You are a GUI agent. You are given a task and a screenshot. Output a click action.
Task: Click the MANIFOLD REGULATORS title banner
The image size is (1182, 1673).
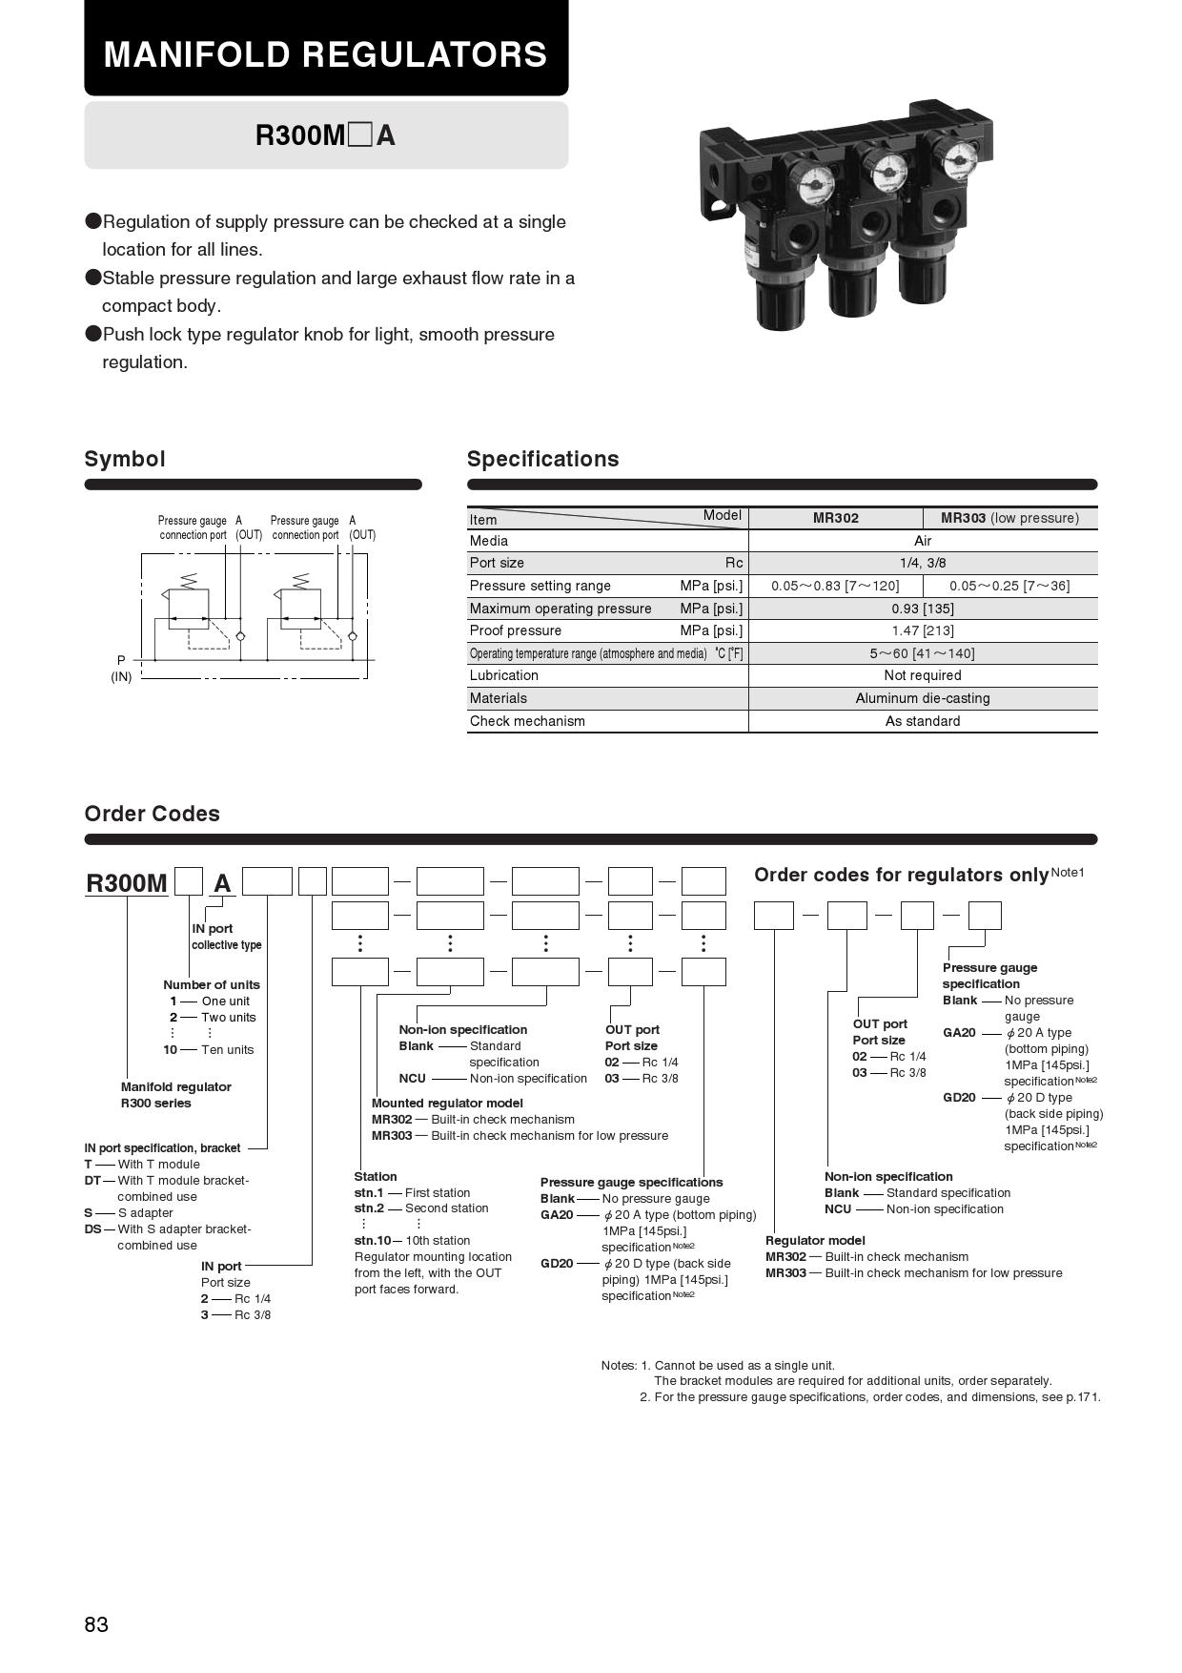325,53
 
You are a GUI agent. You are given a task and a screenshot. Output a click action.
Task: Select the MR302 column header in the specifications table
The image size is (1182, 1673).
835,518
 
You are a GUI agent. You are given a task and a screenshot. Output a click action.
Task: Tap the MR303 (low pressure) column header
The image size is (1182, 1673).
1009,518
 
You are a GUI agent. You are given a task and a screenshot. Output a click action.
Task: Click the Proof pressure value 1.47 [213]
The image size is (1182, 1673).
922,630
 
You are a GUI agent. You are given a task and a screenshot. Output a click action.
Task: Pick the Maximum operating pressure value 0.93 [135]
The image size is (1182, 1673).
922,609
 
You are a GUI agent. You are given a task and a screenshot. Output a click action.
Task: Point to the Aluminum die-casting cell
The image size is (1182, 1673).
922,698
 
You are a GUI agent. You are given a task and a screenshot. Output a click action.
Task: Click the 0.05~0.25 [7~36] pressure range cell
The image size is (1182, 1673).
1009,586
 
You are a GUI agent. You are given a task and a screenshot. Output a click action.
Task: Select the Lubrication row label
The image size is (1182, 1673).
503,675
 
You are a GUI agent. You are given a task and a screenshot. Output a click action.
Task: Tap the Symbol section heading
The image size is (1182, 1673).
125,459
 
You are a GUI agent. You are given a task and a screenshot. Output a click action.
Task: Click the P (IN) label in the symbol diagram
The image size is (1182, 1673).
121,668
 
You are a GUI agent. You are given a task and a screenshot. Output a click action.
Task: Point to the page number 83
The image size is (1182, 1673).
96,1624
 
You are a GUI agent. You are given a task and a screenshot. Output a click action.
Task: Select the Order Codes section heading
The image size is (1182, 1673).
152,814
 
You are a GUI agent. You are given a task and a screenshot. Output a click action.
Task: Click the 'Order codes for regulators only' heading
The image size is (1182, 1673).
901,875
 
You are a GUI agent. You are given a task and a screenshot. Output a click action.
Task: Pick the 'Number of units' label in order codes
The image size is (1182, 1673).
211,984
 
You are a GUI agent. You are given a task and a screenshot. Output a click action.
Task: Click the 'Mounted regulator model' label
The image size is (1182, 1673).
447,1103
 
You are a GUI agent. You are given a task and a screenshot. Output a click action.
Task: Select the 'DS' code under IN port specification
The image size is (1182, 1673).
92,1229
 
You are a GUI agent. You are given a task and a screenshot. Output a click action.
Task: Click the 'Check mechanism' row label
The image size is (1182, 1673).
527,721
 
